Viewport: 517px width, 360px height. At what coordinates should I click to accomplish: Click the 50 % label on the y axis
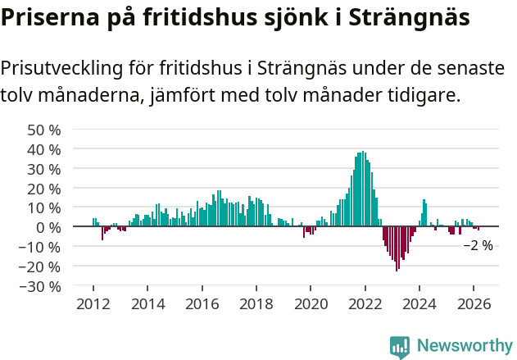(44, 130)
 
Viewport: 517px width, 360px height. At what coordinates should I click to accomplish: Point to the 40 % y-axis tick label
(44, 149)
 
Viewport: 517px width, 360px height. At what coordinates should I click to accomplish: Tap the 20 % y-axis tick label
(44, 189)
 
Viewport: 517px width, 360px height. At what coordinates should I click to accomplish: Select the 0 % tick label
(48, 227)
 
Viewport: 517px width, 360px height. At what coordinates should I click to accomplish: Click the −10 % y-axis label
(41, 247)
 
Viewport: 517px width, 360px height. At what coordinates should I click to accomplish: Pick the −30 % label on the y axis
(41, 286)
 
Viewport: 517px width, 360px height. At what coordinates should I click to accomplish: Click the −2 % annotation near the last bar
(478, 245)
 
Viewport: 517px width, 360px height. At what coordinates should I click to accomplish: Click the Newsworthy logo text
(465, 346)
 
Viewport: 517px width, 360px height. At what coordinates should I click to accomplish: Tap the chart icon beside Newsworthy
(400, 347)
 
